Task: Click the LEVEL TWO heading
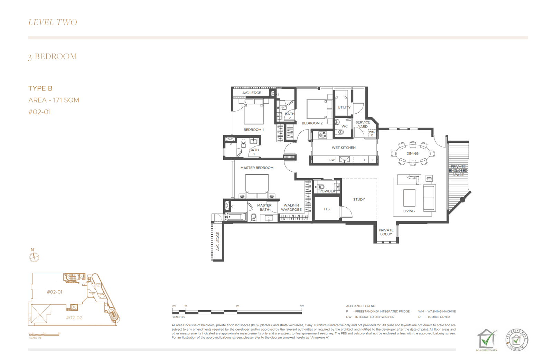point(53,22)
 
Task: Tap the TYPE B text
point(40,88)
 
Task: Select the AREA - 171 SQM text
point(54,100)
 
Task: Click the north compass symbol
point(34,257)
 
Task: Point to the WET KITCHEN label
point(344,148)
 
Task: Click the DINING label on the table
point(412,153)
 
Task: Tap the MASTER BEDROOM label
point(257,168)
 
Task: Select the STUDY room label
point(359,199)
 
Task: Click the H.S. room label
point(327,209)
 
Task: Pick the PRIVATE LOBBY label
point(386,232)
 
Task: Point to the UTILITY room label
point(344,107)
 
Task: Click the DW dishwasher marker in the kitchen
point(332,160)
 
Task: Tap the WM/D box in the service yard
point(372,133)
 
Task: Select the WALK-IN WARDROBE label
point(291,207)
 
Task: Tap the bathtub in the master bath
point(236,217)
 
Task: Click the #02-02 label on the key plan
point(74,318)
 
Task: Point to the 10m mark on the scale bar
point(302,306)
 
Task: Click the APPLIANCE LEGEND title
point(360,306)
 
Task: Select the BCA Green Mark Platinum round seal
point(517,340)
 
